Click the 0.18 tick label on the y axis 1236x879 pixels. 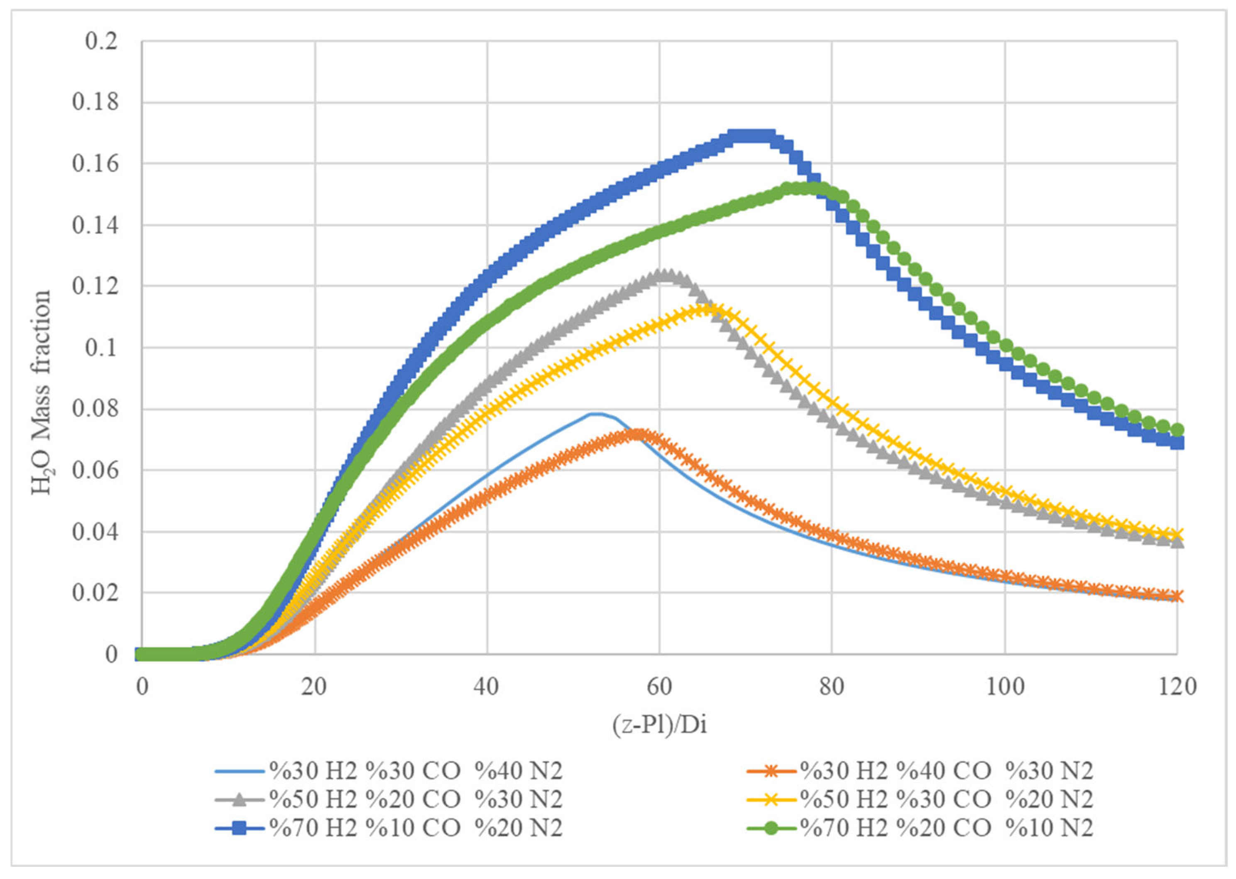point(95,102)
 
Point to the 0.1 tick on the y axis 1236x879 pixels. point(101,348)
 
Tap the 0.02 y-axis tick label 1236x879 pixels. point(95,593)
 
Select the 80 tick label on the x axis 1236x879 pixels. point(832,687)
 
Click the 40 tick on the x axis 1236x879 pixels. point(487,687)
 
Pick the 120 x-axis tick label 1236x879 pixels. point(1177,687)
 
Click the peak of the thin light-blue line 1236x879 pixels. point(595,414)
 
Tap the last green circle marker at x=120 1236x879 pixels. point(1177,430)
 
